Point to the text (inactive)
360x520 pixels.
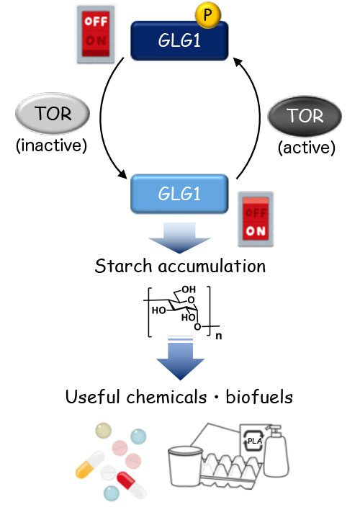tap(51, 146)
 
